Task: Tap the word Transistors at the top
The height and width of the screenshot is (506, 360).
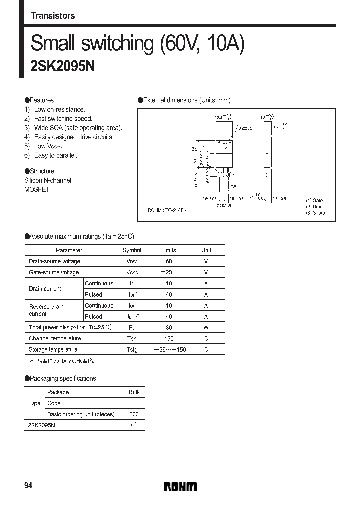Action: point(53,16)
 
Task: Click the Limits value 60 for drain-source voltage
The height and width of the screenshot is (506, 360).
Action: point(169,261)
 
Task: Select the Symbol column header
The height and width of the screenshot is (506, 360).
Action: point(132,250)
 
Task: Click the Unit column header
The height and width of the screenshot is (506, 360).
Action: point(206,250)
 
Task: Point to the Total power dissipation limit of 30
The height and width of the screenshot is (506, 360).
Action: point(169,328)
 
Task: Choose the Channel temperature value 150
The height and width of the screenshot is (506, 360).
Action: point(169,339)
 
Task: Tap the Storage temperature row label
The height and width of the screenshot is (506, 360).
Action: point(53,350)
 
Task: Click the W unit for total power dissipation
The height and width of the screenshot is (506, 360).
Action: point(206,328)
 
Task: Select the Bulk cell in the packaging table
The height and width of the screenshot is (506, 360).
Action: point(134,392)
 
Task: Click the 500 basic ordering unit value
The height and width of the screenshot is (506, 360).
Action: point(134,414)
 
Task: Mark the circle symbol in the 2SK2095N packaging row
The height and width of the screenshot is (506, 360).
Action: point(134,425)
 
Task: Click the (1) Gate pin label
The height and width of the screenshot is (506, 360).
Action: point(314,200)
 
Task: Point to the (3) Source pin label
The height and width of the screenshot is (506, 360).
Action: point(316,213)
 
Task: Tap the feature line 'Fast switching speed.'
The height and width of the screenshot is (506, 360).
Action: point(63,119)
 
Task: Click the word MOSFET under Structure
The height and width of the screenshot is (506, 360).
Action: point(37,190)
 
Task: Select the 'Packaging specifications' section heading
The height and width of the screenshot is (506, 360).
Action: point(63,378)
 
